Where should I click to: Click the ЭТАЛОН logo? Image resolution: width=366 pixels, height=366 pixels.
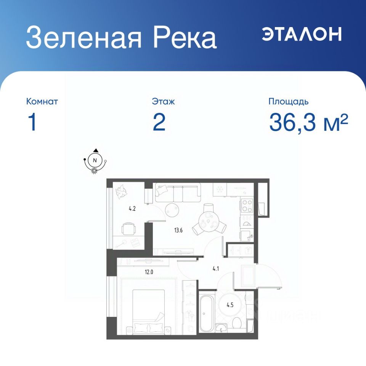(x=302, y=34)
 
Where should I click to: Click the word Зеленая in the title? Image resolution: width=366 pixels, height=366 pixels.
(x=84, y=38)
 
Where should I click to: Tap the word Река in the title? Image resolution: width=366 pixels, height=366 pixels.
(x=185, y=38)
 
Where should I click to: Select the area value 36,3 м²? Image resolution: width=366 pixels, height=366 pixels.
(x=308, y=122)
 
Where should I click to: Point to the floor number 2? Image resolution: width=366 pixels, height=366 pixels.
(x=159, y=122)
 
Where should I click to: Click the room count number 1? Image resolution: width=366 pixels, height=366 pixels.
(x=32, y=122)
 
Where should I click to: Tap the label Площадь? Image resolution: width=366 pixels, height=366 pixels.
(x=288, y=101)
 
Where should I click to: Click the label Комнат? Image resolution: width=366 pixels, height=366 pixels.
(x=42, y=101)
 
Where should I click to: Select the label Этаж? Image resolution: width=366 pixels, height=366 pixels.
(x=163, y=101)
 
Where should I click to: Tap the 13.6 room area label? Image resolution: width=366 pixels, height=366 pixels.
(x=178, y=230)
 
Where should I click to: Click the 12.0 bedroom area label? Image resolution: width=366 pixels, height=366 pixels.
(x=149, y=272)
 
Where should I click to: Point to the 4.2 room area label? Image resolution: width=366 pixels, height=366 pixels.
(x=132, y=209)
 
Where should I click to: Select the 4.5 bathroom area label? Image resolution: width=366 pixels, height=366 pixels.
(x=230, y=305)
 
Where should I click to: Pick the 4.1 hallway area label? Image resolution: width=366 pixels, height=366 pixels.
(x=216, y=269)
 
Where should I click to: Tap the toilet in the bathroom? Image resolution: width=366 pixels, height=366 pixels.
(x=237, y=322)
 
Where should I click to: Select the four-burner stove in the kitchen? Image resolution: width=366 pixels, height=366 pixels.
(x=247, y=205)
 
